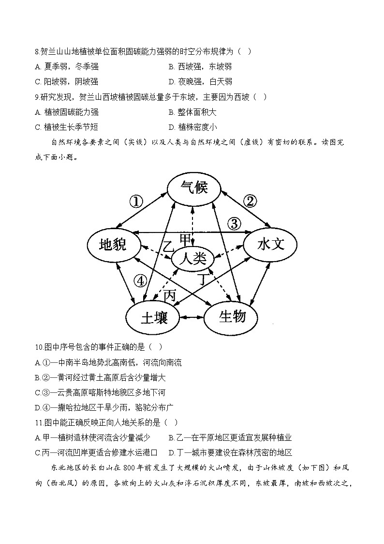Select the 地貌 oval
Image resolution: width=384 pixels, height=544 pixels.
point(113,245)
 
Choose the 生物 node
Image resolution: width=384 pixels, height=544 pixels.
point(232,317)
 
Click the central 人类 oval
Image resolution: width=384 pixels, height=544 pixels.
point(193,258)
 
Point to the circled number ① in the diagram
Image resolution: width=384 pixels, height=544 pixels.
point(137,201)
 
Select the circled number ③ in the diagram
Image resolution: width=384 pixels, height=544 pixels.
point(234,223)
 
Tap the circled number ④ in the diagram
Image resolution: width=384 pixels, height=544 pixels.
point(140,280)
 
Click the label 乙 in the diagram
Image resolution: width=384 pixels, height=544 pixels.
point(168,246)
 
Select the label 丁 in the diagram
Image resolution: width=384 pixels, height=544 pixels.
point(203,280)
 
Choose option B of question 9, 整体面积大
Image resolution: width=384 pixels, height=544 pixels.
point(192,112)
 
